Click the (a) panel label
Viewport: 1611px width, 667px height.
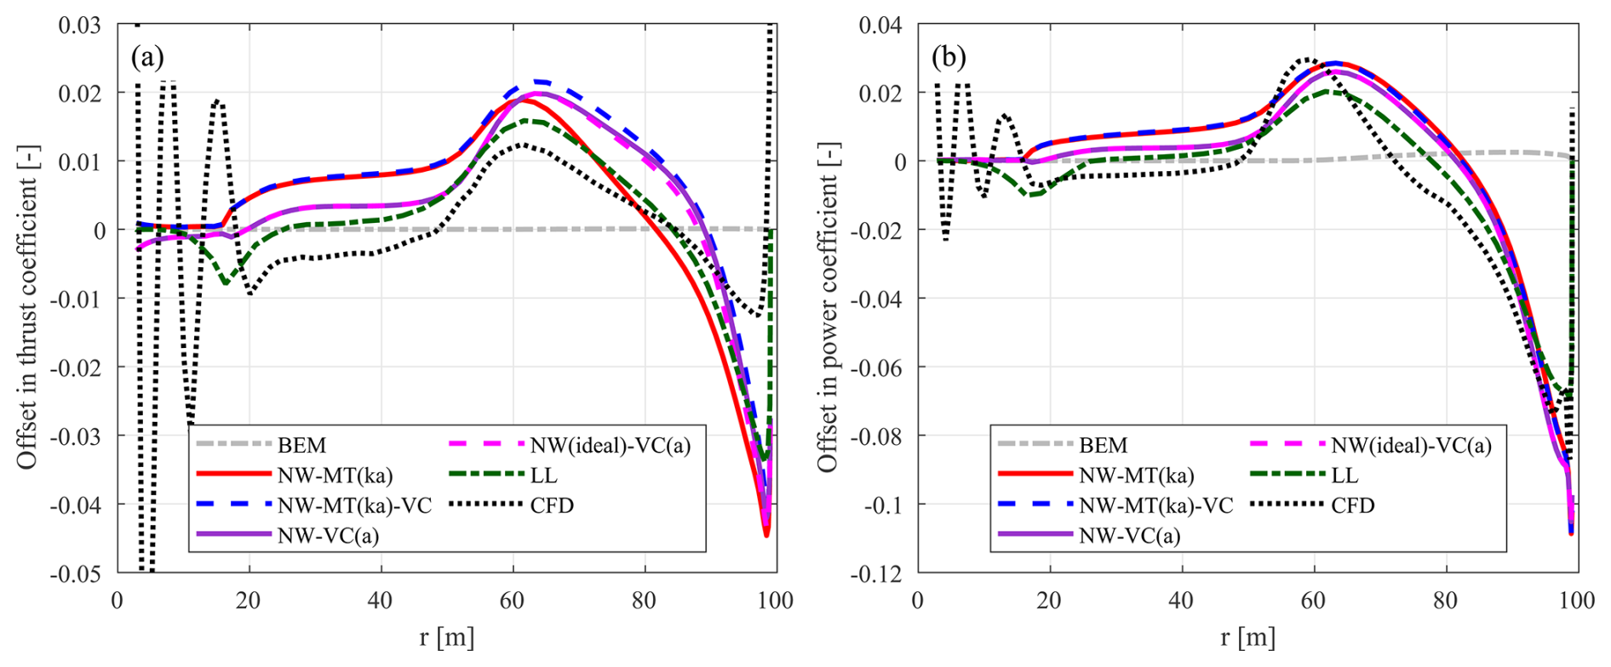click(147, 57)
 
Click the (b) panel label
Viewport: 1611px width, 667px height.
click(949, 57)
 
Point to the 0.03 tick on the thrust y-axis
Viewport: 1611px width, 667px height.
click(79, 25)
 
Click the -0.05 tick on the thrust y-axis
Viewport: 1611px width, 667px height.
click(76, 573)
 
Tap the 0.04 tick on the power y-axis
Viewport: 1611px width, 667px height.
click(880, 25)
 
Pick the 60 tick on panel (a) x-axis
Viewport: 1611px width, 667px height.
click(513, 601)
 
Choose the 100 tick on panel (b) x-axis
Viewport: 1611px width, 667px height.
click(1577, 601)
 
